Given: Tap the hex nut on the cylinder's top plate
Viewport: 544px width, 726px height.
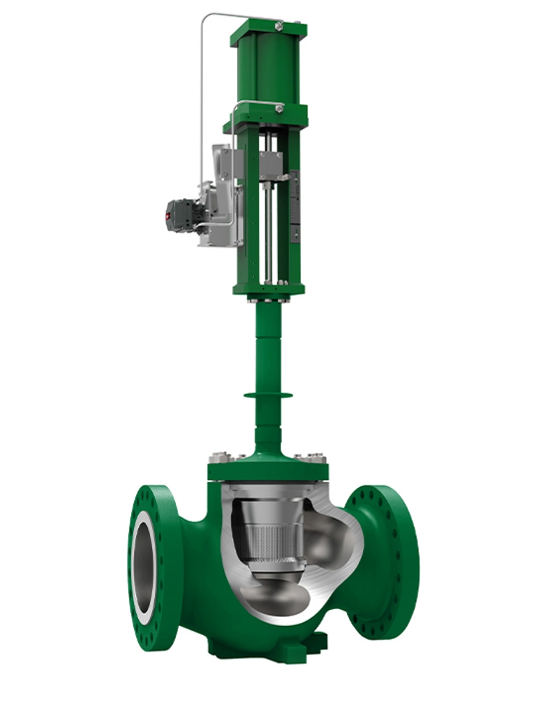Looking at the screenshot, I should click(278, 26).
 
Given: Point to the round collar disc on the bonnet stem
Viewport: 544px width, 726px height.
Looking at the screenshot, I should click(268, 395).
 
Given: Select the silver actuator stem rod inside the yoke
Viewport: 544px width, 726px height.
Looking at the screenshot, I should click(266, 227).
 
